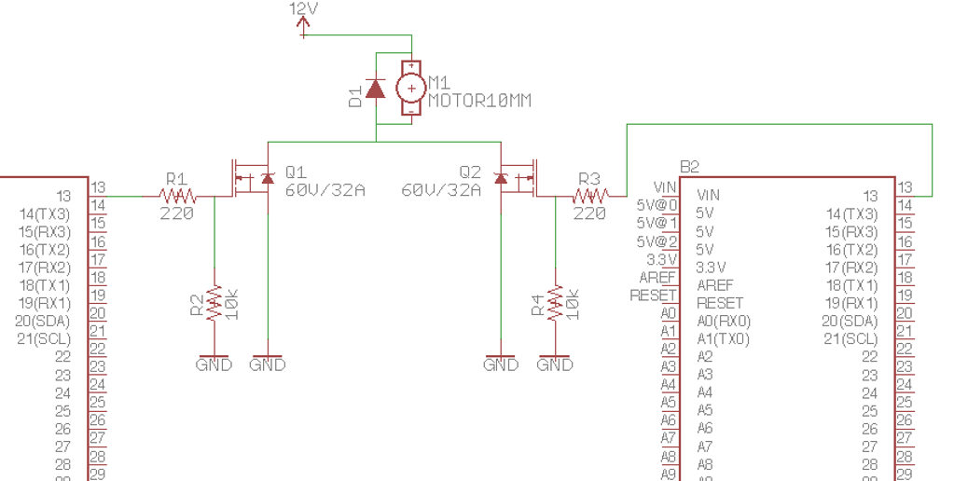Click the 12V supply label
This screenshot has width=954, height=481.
(x=304, y=8)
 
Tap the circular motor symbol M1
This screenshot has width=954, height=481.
(x=410, y=89)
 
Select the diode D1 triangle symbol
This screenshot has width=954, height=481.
(x=376, y=89)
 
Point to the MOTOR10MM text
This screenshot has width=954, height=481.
(x=479, y=100)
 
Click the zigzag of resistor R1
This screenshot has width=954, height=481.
(x=177, y=196)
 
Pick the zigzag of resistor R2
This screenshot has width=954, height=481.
(x=214, y=303)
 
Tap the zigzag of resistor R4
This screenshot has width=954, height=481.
(x=556, y=303)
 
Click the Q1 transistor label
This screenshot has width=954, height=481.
(x=296, y=172)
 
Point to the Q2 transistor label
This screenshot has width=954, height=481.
(x=470, y=172)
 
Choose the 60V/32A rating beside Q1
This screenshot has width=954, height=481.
(x=325, y=190)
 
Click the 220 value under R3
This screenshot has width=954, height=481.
(x=589, y=213)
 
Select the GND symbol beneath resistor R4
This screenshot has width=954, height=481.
(x=555, y=364)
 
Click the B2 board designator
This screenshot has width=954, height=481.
(x=690, y=167)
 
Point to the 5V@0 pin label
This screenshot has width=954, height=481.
(x=657, y=204)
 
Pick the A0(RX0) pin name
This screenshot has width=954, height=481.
(x=724, y=321)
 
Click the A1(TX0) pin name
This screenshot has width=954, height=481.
(x=723, y=338)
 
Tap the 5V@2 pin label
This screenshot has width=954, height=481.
(x=657, y=240)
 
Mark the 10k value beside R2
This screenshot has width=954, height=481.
(x=233, y=303)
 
